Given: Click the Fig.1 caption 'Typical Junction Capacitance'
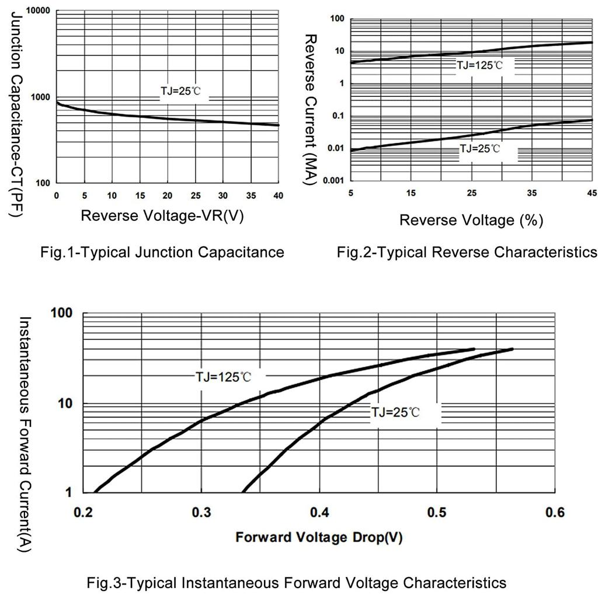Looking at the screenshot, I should tap(162, 252).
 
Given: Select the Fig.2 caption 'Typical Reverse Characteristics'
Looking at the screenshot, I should tap(467, 252).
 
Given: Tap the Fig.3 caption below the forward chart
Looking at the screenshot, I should tap(297, 583).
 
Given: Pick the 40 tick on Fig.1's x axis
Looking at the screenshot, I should tap(279, 195).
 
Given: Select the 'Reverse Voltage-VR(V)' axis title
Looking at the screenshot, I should tap(162, 215).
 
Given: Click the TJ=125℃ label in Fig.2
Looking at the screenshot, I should tap(479, 65).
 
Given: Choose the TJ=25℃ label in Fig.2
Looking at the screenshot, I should tap(479, 149).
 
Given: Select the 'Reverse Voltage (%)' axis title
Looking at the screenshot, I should tap(471, 220).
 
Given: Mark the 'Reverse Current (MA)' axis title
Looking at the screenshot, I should tap(311, 109).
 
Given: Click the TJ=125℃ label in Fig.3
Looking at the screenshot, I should tap(223, 377).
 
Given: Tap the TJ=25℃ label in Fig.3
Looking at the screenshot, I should tap(395, 412).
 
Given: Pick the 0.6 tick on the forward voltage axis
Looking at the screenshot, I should tap(555, 513).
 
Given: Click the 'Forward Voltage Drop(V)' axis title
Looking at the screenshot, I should tap(319, 537).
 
